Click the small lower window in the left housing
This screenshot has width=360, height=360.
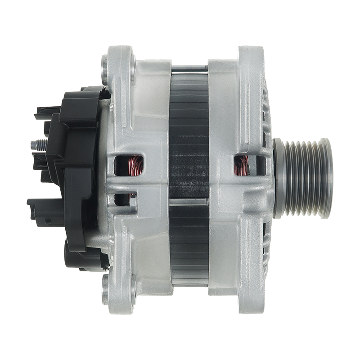121,198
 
